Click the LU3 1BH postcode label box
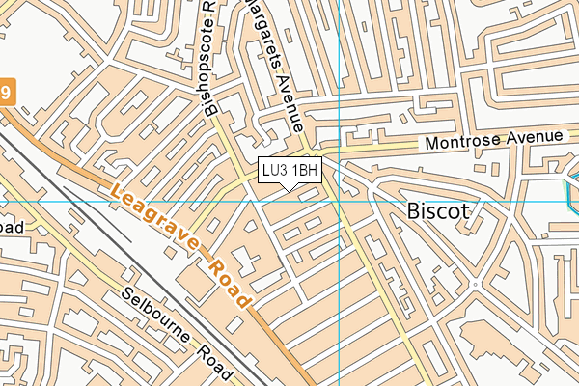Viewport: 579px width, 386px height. click(x=289, y=171)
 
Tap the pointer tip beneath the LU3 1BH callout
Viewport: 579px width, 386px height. click(x=289, y=188)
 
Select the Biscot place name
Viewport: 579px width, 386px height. click(x=438, y=210)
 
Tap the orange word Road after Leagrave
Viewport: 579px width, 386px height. click(x=227, y=279)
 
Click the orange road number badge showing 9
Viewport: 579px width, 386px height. click(x=6, y=92)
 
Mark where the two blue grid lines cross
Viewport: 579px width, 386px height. click(x=340, y=202)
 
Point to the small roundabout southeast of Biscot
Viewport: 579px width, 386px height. click(x=474, y=286)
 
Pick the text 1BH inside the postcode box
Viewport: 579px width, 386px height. click(x=305, y=171)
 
